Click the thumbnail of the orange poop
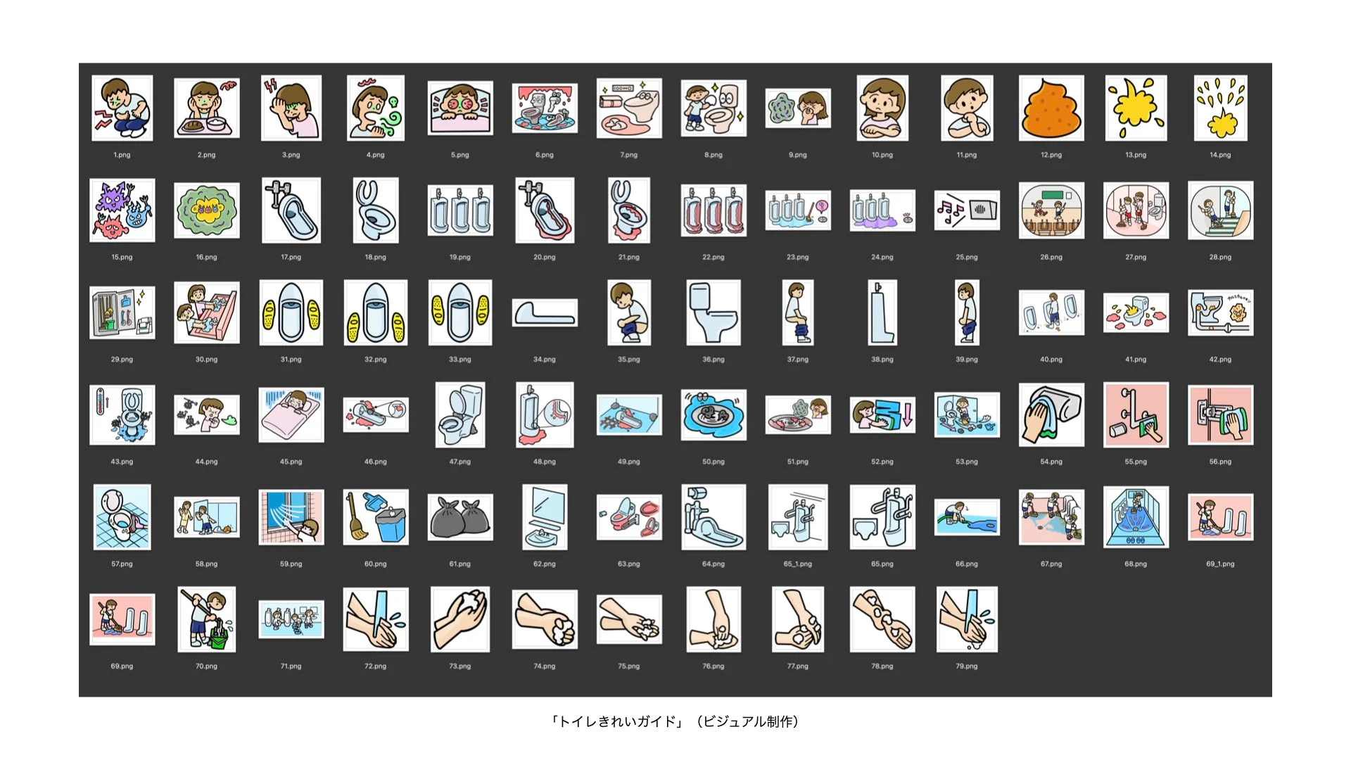[x=1051, y=108]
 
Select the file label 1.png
[x=122, y=155]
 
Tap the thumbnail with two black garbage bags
[x=460, y=517]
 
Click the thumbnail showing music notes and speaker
[x=967, y=210]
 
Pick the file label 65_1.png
[x=798, y=564]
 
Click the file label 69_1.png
[x=1220, y=564]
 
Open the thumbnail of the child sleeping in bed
[x=291, y=414]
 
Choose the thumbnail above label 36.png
[x=713, y=312]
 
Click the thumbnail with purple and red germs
[x=122, y=210]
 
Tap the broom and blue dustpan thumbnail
[x=376, y=517]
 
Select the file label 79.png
[x=967, y=666]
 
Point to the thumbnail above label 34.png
[x=545, y=312]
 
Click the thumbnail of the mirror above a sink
[x=545, y=517]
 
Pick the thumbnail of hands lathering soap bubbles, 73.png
[x=460, y=619]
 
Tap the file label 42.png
[x=1220, y=360]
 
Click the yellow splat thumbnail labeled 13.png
[x=1136, y=108]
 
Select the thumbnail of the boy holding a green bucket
[x=207, y=619]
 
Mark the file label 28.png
[x=1220, y=258]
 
